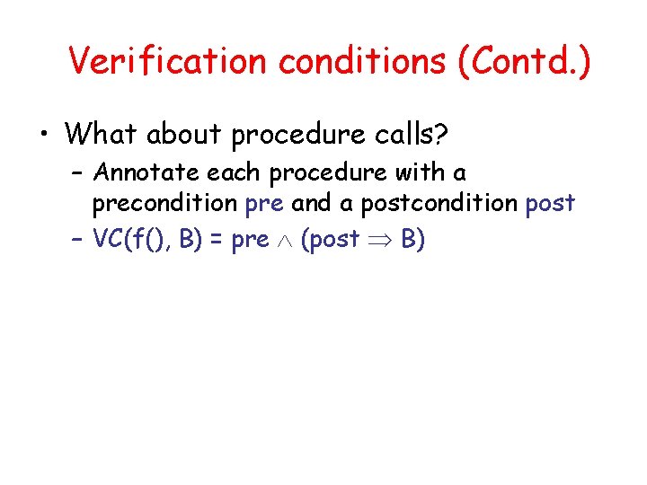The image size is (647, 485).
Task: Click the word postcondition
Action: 439,204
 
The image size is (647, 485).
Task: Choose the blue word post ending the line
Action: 550,204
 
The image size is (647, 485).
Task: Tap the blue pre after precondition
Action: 263,204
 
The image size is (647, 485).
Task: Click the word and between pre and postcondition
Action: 313,204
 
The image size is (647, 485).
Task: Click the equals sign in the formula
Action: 217,240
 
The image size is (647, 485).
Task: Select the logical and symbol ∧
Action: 285,241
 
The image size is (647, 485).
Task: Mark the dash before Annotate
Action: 77,172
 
